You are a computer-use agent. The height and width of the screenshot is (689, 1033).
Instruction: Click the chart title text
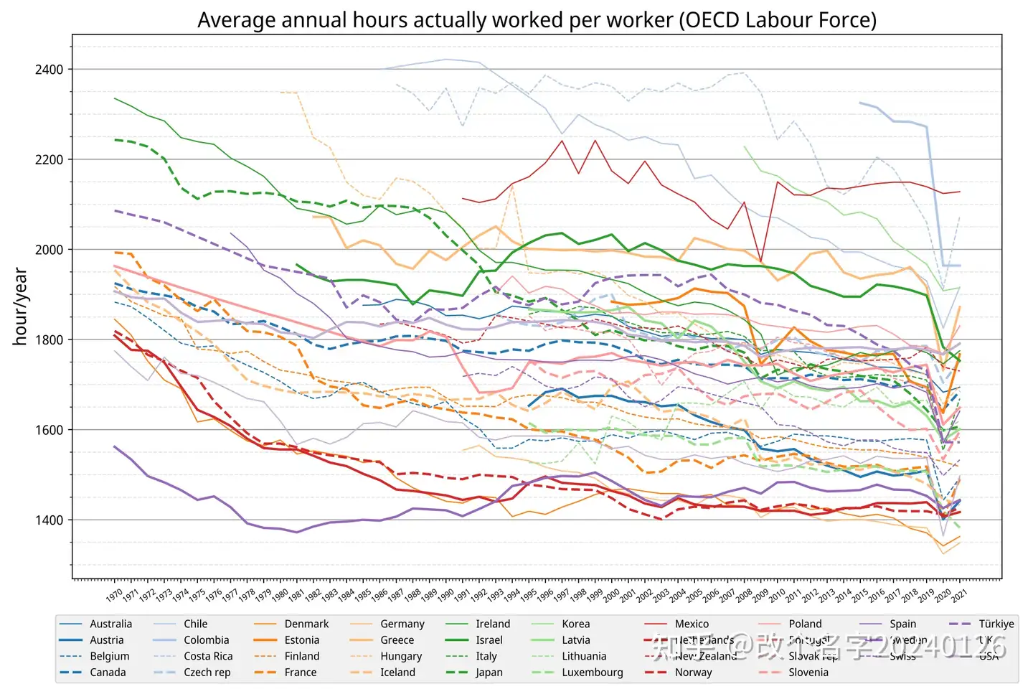(x=537, y=19)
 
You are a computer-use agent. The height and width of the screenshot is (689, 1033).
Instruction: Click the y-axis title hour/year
(x=20, y=306)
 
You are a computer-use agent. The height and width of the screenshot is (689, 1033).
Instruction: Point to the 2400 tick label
(x=49, y=70)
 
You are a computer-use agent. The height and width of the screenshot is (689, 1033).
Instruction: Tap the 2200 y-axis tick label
(x=49, y=159)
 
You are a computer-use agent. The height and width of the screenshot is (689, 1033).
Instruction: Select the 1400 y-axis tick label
(x=49, y=520)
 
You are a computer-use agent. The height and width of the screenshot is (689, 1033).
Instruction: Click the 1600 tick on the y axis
(x=49, y=430)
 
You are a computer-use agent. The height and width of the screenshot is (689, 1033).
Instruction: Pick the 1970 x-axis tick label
(x=114, y=595)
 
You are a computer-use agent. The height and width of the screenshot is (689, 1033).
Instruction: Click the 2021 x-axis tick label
(x=959, y=595)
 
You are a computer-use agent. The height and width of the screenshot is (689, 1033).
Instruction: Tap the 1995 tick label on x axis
(x=528, y=595)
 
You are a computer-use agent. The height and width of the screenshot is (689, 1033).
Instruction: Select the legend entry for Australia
(x=110, y=624)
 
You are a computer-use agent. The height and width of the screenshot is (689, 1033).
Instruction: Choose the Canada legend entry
(x=108, y=672)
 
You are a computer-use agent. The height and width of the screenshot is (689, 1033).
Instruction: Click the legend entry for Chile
(x=195, y=624)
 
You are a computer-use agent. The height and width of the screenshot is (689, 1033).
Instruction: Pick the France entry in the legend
(x=300, y=672)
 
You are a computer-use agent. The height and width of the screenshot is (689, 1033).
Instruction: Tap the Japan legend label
(x=489, y=672)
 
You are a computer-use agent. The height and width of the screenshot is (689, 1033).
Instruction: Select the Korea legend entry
(x=575, y=624)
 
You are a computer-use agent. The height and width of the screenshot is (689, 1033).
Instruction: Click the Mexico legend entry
(x=692, y=624)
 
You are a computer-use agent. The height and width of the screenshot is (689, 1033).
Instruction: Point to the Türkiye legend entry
(x=996, y=624)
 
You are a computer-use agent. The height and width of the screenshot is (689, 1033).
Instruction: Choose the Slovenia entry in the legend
(x=808, y=672)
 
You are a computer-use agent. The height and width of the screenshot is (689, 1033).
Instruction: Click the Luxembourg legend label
(x=592, y=672)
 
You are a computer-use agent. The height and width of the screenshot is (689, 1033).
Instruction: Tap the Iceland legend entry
(x=397, y=672)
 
